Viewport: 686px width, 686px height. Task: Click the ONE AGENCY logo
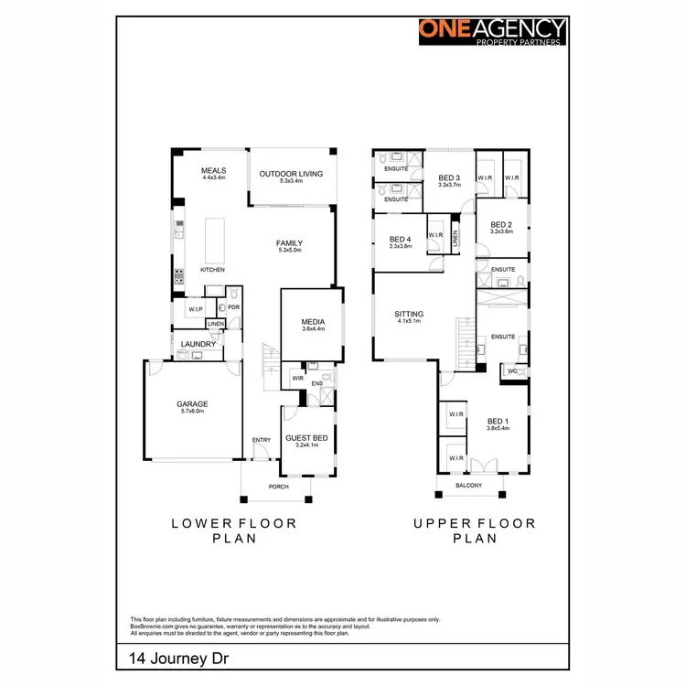pos(492,31)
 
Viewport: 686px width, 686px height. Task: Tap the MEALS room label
pos(213,171)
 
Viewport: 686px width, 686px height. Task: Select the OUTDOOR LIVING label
pos(291,173)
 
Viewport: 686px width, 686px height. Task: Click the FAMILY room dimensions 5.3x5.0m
pos(289,252)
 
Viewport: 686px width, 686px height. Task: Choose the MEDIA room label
pos(314,322)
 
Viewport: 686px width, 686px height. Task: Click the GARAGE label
pos(192,403)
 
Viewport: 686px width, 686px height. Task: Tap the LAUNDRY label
pos(198,344)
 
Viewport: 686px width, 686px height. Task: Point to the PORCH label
pos(278,487)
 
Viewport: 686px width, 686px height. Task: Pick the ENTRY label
pos(262,441)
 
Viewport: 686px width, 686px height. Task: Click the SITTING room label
pos(408,313)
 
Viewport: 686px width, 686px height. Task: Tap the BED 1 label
pos(498,421)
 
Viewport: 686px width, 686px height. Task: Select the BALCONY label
pos(469,485)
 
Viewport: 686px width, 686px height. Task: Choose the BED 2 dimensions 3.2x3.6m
pos(501,232)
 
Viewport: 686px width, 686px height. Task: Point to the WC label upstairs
pos(511,371)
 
